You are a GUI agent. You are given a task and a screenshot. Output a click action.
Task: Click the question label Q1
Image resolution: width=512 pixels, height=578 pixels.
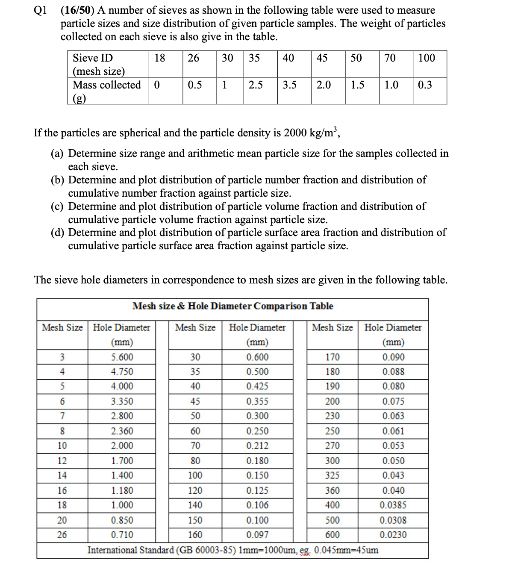tap(41, 10)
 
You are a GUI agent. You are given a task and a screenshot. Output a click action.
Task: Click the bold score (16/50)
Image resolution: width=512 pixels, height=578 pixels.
tap(77, 10)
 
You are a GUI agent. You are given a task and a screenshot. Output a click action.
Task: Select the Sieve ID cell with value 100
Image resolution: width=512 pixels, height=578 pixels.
tap(426, 58)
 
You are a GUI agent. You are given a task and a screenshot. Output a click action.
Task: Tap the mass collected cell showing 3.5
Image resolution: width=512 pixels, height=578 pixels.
tap(289, 85)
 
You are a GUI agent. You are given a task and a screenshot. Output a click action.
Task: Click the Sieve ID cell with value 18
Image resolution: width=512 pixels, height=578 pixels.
tap(159, 58)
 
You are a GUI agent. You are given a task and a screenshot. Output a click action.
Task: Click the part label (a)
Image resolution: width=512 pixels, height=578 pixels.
tap(57, 153)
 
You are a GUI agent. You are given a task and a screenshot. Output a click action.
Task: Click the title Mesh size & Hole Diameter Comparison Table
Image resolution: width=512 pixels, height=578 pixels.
tap(232, 306)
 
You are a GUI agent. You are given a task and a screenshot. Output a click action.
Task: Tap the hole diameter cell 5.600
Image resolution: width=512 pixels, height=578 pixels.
tap(122, 357)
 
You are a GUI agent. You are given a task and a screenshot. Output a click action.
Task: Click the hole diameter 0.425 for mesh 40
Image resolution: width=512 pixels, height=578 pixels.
tap(257, 386)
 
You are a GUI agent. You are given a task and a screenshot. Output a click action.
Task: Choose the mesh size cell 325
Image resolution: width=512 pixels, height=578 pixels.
tap(332, 475)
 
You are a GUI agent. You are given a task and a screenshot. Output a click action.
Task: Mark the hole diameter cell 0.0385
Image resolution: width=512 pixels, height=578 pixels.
tap(393, 505)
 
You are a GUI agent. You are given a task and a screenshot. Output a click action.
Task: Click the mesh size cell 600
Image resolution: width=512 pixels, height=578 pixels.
tap(332, 535)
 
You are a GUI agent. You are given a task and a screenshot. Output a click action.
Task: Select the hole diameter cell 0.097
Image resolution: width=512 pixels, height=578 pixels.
tap(257, 535)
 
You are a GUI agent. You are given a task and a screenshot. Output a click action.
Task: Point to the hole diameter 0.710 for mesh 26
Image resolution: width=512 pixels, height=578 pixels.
tap(122, 535)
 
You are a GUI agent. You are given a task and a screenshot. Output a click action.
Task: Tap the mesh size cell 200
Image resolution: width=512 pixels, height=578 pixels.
tap(332, 401)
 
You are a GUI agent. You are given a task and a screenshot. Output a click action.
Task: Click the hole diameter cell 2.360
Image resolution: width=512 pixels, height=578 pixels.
tap(122, 431)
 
